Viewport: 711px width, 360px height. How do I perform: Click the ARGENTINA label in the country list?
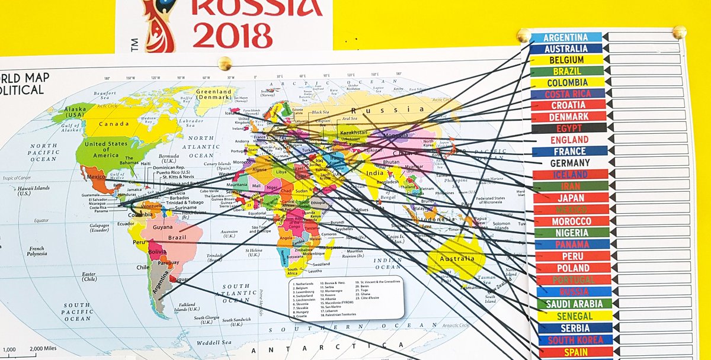[x=566, y=37]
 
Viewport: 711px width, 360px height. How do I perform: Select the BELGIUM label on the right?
[x=566, y=60]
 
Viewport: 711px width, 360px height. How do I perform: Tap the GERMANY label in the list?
[x=570, y=163]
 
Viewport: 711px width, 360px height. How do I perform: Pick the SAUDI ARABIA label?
[x=574, y=304]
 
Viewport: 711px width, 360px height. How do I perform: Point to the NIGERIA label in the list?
[x=571, y=233]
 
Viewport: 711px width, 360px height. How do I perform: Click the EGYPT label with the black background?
[x=569, y=128]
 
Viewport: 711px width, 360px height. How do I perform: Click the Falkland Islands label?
[x=187, y=307]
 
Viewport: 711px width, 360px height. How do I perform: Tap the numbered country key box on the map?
[x=346, y=298]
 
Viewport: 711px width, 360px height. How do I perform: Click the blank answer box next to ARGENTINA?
[x=643, y=37]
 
